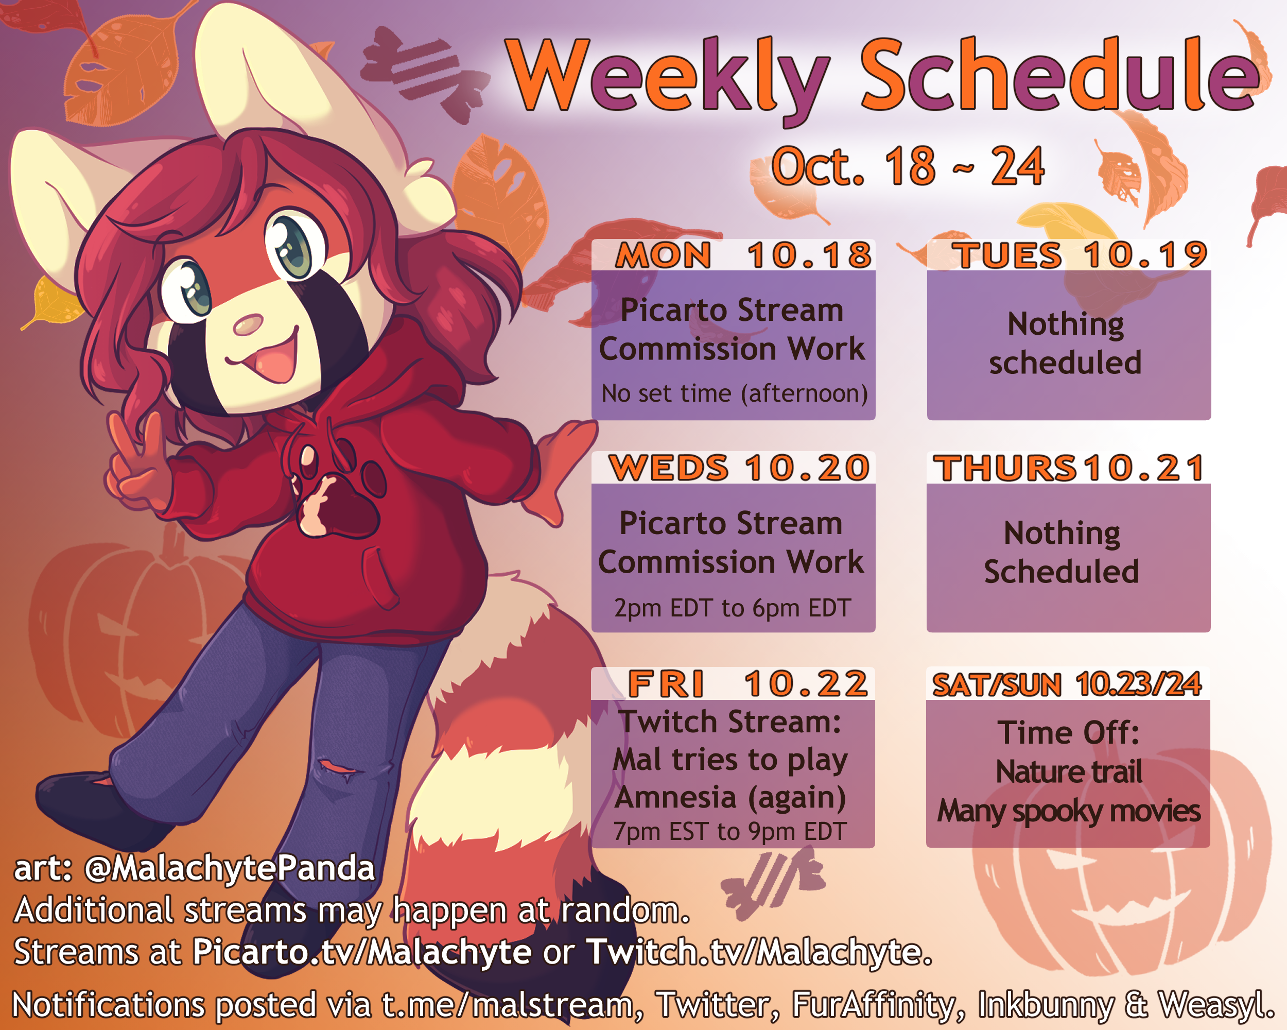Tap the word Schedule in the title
1060,75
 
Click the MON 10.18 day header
744,255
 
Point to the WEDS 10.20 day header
739,468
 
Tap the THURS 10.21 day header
1069,468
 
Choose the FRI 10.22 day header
747,684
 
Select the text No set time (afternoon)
734,394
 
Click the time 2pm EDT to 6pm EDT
733,608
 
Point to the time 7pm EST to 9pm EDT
730,832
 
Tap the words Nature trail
1069,771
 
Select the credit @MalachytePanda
230,869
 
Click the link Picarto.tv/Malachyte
362,952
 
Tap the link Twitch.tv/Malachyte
759,952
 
